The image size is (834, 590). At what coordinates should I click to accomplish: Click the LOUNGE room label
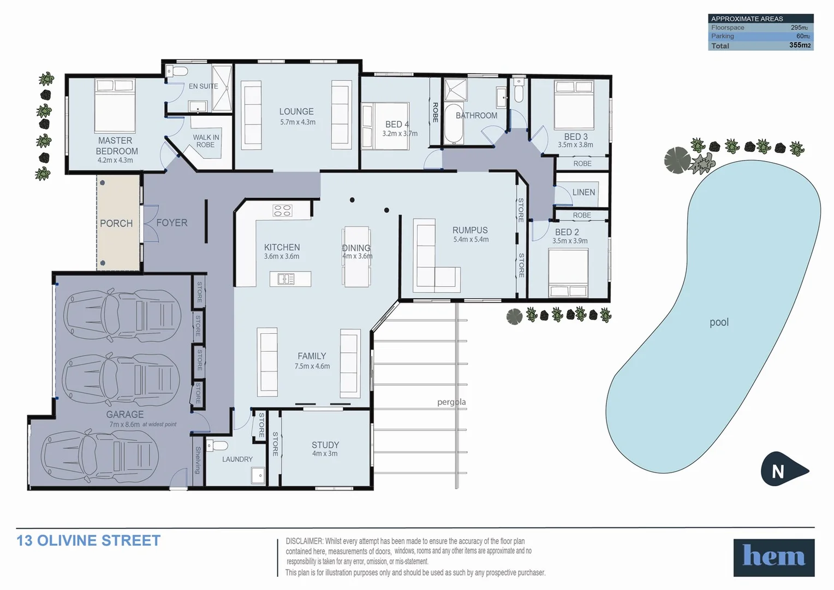296,111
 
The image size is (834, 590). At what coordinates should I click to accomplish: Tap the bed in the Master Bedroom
115,105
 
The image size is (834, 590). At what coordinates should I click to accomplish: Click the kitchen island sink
286,279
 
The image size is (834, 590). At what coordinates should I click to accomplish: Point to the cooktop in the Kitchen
282,210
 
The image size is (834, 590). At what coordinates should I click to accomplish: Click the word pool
719,322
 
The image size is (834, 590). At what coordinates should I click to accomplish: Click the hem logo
773,557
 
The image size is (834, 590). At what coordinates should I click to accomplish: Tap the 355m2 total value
800,45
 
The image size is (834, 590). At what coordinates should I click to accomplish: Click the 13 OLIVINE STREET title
88,541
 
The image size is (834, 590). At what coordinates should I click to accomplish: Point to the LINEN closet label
583,192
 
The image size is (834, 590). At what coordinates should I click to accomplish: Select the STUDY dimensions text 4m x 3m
325,453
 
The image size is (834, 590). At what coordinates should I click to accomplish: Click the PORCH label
116,223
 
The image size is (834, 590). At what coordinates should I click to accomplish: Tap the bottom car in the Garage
100,455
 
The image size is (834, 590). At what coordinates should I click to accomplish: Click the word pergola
451,402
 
